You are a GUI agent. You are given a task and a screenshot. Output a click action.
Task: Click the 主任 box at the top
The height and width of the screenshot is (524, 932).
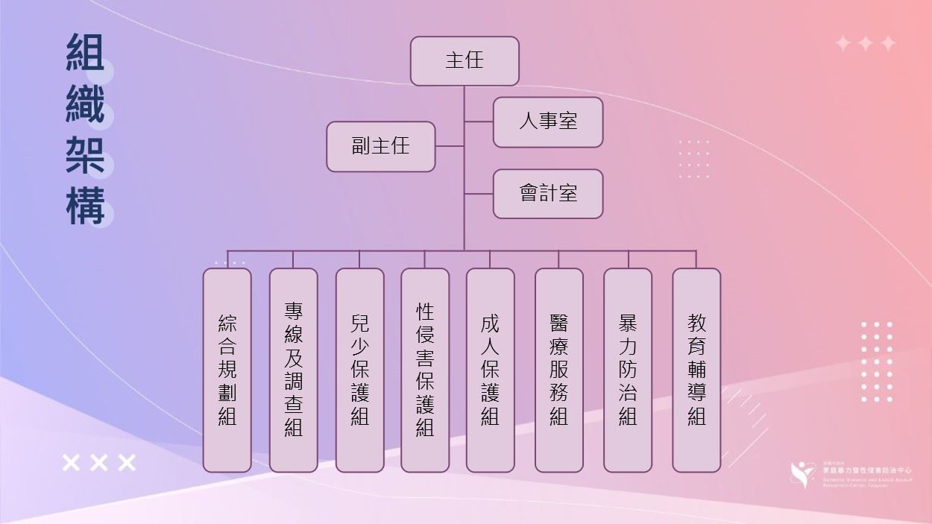pos(465,60)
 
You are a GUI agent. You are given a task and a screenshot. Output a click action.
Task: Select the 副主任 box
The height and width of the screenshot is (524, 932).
pos(380,146)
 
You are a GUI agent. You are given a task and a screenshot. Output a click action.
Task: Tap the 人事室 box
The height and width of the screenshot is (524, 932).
pos(547,121)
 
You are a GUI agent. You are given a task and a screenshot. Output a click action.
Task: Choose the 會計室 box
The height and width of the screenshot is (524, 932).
pos(547,194)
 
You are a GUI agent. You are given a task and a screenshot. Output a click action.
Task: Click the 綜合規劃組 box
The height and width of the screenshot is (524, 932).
pos(227,370)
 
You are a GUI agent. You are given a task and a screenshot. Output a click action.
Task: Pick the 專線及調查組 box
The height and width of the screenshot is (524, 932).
pos(293,370)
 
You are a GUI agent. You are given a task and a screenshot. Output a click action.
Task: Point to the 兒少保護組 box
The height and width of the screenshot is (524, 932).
pos(359,370)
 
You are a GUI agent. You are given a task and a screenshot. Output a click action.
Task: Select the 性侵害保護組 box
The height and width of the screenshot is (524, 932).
pos(425,370)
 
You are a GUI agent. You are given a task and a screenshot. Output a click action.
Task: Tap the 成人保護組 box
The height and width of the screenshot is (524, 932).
pos(490,370)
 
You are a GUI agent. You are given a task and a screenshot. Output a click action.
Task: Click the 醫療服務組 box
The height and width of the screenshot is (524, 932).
pos(558,370)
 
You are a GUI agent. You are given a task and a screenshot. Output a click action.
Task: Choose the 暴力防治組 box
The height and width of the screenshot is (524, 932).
pos(627,370)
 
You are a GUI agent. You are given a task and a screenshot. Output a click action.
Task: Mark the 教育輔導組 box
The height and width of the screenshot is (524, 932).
pos(696,370)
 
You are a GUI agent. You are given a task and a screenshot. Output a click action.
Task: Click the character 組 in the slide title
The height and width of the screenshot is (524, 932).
pos(85,53)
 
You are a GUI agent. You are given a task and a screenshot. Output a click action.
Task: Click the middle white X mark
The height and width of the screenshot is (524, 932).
pos(98,463)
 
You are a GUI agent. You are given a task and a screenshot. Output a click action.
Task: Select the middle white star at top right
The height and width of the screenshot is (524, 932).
pos(865,43)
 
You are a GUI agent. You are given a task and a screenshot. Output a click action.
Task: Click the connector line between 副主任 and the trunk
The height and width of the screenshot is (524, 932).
pos(450,146)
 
